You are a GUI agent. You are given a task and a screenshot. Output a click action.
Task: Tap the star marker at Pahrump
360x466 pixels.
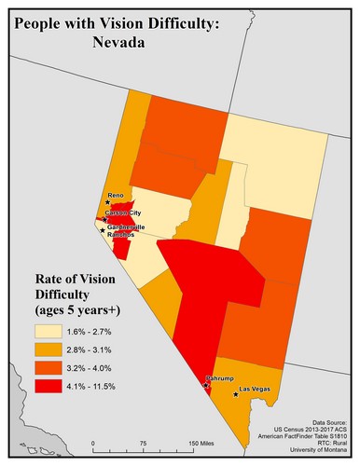coord(205,385)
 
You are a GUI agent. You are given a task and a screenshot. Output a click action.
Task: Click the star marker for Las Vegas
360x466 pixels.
coord(236,394)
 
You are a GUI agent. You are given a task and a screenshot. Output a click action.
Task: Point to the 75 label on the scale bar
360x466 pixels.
coord(143,444)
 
